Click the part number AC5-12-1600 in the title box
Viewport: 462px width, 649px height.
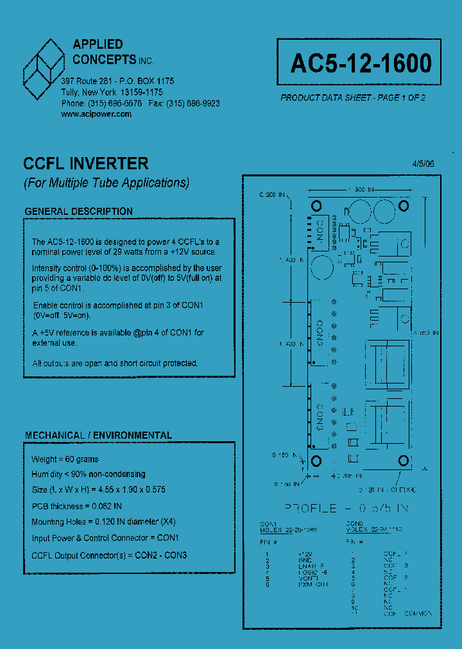click(x=361, y=63)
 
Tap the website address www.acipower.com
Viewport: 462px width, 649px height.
click(x=96, y=114)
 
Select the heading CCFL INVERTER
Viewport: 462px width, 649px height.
click(x=86, y=164)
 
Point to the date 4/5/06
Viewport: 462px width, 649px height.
click(x=424, y=164)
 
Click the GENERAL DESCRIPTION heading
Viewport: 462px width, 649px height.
click(x=78, y=211)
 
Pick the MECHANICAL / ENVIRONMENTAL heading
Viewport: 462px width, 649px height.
click(x=98, y=435)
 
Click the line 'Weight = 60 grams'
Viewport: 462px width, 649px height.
click(x=65, y=459)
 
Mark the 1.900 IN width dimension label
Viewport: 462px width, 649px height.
click(x=360, y=190)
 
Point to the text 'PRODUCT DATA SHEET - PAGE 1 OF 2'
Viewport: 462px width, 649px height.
click(x=353, y=98)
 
